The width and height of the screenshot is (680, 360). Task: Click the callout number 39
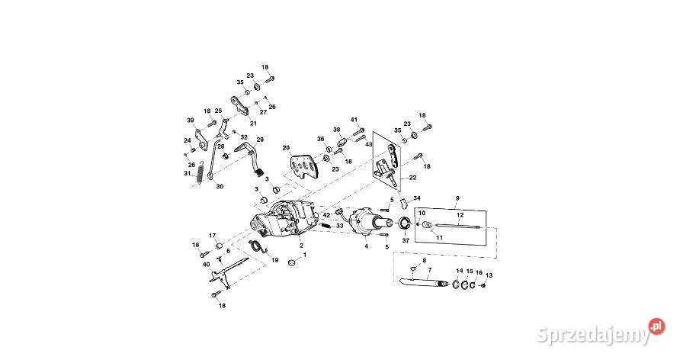(x=191, y=121)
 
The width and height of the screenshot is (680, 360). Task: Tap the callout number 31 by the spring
(x=187, y=173)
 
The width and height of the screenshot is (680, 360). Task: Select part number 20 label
(x=286, y=148)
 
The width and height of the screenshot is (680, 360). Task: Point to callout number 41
(x=354, y=120)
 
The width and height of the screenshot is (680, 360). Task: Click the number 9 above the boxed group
(x=457, y=198)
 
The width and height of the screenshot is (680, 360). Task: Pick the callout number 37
(x=405, y=241)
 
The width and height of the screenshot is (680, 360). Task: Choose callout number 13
(x=489, y=275)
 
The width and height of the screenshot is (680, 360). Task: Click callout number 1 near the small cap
(x=305, y=256)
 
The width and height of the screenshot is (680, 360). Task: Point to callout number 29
(x=259, y=140)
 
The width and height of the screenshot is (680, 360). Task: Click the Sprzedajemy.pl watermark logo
(x=598, y=331)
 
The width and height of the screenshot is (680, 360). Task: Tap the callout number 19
(x=275, y=260)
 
